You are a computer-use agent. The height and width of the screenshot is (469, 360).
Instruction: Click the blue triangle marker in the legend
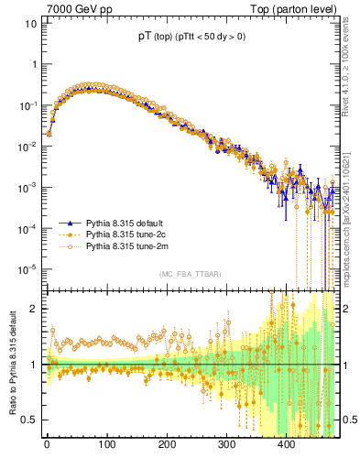[67, 223]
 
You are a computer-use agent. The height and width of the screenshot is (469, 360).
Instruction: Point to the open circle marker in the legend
[67, 246]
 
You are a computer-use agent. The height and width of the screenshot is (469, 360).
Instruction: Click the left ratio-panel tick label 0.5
[27, 420]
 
